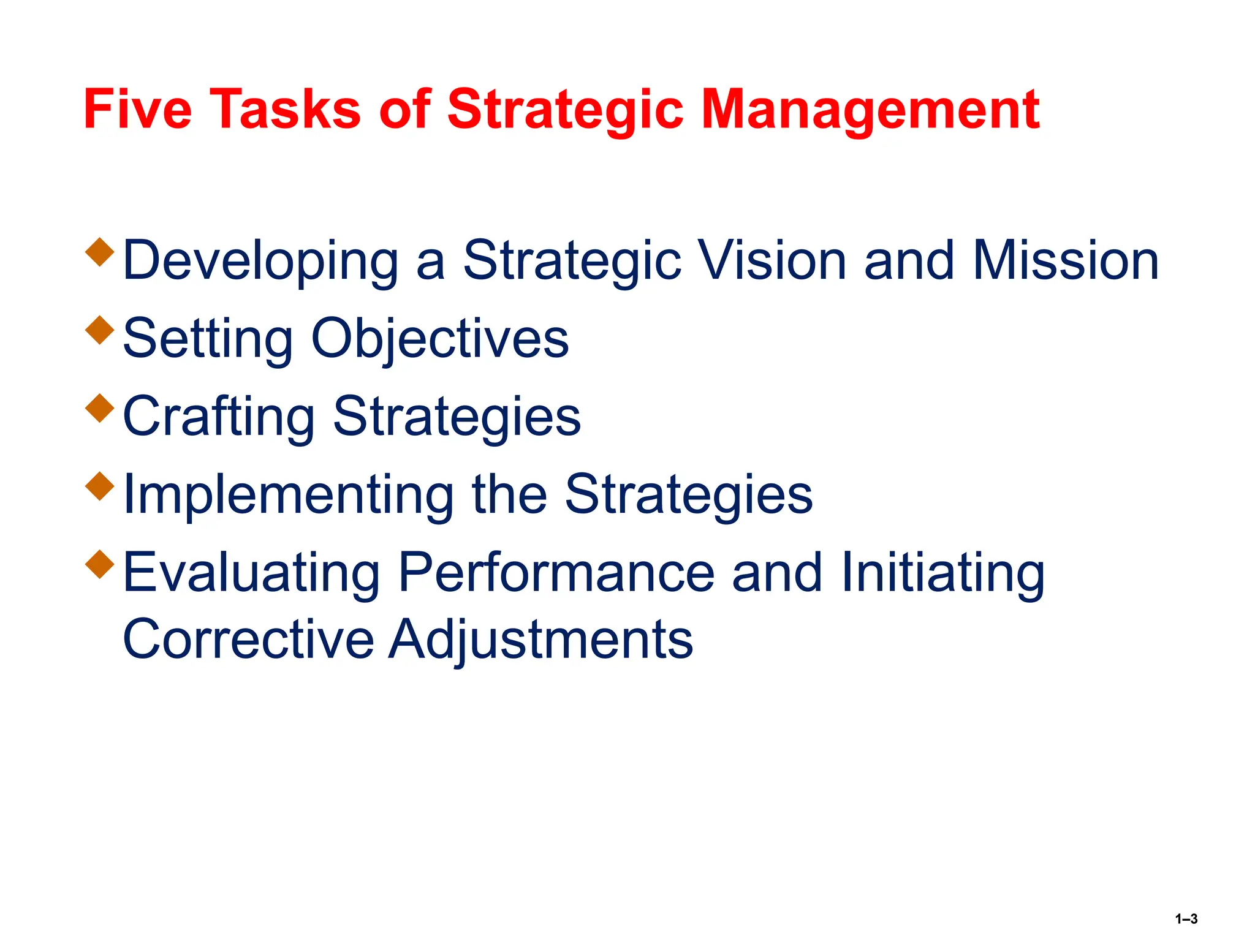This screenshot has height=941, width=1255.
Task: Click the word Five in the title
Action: pos(137,110)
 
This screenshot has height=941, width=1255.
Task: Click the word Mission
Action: pos(1066,260)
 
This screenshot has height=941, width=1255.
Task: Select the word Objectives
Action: pos(440,339)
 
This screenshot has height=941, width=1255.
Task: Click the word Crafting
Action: pos(219,417)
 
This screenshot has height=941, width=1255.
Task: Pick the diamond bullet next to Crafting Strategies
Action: pos(100,408)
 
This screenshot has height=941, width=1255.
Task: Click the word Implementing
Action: pos(288,494)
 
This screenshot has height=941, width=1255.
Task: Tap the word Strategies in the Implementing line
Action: pos(688,494)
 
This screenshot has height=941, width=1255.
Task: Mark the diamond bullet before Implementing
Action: pos(100,486)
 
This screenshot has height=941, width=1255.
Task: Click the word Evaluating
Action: pos(251,573)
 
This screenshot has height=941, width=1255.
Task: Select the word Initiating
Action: pos(943,573)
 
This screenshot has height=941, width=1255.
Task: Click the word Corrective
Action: pos(248,640)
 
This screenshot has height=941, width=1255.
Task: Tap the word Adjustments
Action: pos(541,640)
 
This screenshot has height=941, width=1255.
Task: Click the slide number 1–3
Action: pos(1186,919)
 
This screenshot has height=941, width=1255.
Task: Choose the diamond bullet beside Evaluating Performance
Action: pos(100,564)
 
